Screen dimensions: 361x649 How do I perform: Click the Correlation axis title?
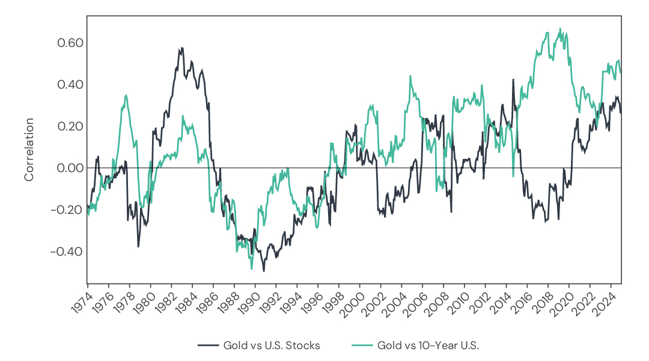click(29, 150)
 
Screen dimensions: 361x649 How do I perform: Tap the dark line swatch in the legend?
click(207, 345)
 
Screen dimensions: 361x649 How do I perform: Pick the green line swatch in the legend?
click(361, 345)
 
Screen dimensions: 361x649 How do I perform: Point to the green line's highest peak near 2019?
click(560, 28)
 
